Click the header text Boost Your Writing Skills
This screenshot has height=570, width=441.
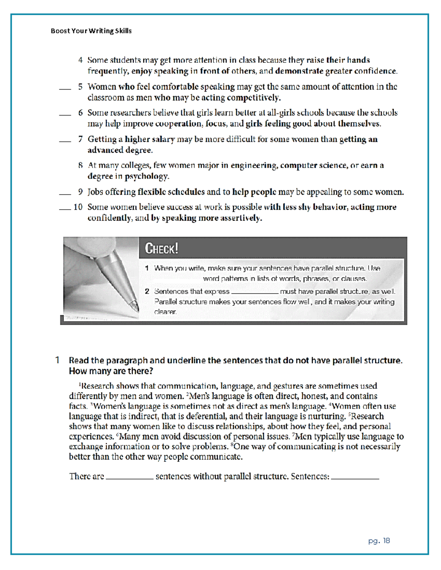[x=91, y=31]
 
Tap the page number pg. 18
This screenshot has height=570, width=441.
[x=379, y=541]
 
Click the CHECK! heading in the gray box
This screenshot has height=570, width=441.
[x=161, y=248]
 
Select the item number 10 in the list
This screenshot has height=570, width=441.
[x=78, y=207]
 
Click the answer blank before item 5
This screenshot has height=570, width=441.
[x=65, y=89]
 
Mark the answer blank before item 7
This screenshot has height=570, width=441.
[x=65, y=141]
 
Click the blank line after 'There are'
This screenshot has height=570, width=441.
[x=129, y=479]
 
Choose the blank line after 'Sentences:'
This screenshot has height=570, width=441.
[x=355, y=479]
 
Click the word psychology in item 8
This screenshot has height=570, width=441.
[x=146, y=177]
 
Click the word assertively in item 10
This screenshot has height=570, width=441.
[x=241, y=218]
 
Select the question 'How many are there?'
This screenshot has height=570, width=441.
[x=111, y=371]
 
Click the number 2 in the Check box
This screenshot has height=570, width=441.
[x=147, y=291]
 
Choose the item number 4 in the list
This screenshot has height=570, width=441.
[x=80, y=60]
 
